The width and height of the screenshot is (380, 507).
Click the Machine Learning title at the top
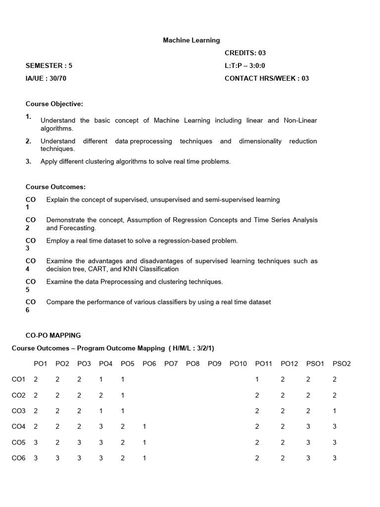[191, 40]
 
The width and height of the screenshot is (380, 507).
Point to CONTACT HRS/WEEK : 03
[267, 78]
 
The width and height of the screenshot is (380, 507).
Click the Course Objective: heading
[54, 104]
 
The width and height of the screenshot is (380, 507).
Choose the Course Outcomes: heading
[56, 187]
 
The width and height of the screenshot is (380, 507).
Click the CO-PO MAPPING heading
[53, 335]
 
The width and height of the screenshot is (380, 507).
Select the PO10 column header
[238, 364]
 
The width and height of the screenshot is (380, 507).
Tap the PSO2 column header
[341, 364]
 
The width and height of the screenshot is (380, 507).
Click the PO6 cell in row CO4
[144, 426]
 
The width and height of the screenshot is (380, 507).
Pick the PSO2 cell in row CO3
[335, 411]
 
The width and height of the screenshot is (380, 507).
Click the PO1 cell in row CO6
[36, 458]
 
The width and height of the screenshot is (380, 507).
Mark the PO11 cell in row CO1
[257, 380]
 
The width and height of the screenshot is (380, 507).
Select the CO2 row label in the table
[18, 396]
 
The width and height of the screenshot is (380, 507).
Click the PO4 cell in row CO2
[101, 396]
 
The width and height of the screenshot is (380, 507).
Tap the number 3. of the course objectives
[29, 161]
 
